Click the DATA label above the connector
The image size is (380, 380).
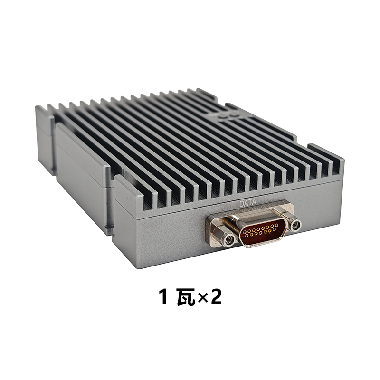(247, 203)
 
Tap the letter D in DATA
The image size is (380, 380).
(241, 204)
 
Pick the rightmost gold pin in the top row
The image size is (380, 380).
(277, 225)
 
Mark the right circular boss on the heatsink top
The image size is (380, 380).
(233, 114)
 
